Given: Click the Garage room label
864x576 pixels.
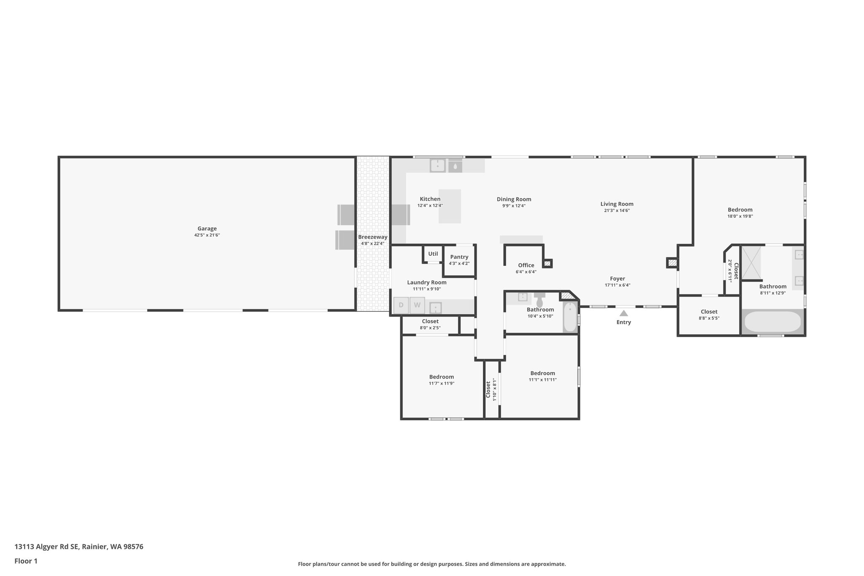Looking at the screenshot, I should coord(207,229).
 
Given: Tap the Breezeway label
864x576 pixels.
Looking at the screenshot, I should coord(373,237).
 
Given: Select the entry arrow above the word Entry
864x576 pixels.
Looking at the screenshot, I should coord(624,313).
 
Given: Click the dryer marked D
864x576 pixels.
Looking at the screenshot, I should coord(401,305).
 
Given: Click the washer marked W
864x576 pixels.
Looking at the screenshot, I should coord(417,305).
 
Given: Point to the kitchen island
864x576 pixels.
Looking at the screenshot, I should coord(450,206).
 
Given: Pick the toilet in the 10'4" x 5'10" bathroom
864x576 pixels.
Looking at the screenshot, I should coord(540,301).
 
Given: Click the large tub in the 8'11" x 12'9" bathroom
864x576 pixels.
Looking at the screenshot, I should coord(772,322).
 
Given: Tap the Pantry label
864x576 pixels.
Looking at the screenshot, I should coord(459,257).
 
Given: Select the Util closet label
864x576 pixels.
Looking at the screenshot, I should coord(433,254).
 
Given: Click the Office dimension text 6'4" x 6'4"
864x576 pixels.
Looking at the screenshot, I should coord(526,272).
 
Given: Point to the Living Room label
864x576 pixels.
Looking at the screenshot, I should coord(617,204).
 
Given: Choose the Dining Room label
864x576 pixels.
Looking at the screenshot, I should coord(513,200).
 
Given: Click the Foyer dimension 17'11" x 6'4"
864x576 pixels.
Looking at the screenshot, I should coord(617,285).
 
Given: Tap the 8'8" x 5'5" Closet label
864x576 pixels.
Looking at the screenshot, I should coord(709,312).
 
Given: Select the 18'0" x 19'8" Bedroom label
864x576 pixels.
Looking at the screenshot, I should coord(740,210).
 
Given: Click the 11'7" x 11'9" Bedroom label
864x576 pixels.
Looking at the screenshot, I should coord(441,377).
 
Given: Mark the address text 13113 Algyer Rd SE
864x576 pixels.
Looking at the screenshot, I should coord(46,547).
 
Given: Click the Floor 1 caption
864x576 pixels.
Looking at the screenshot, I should coord(26,561).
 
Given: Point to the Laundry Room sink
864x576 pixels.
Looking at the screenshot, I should coord(435,308).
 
